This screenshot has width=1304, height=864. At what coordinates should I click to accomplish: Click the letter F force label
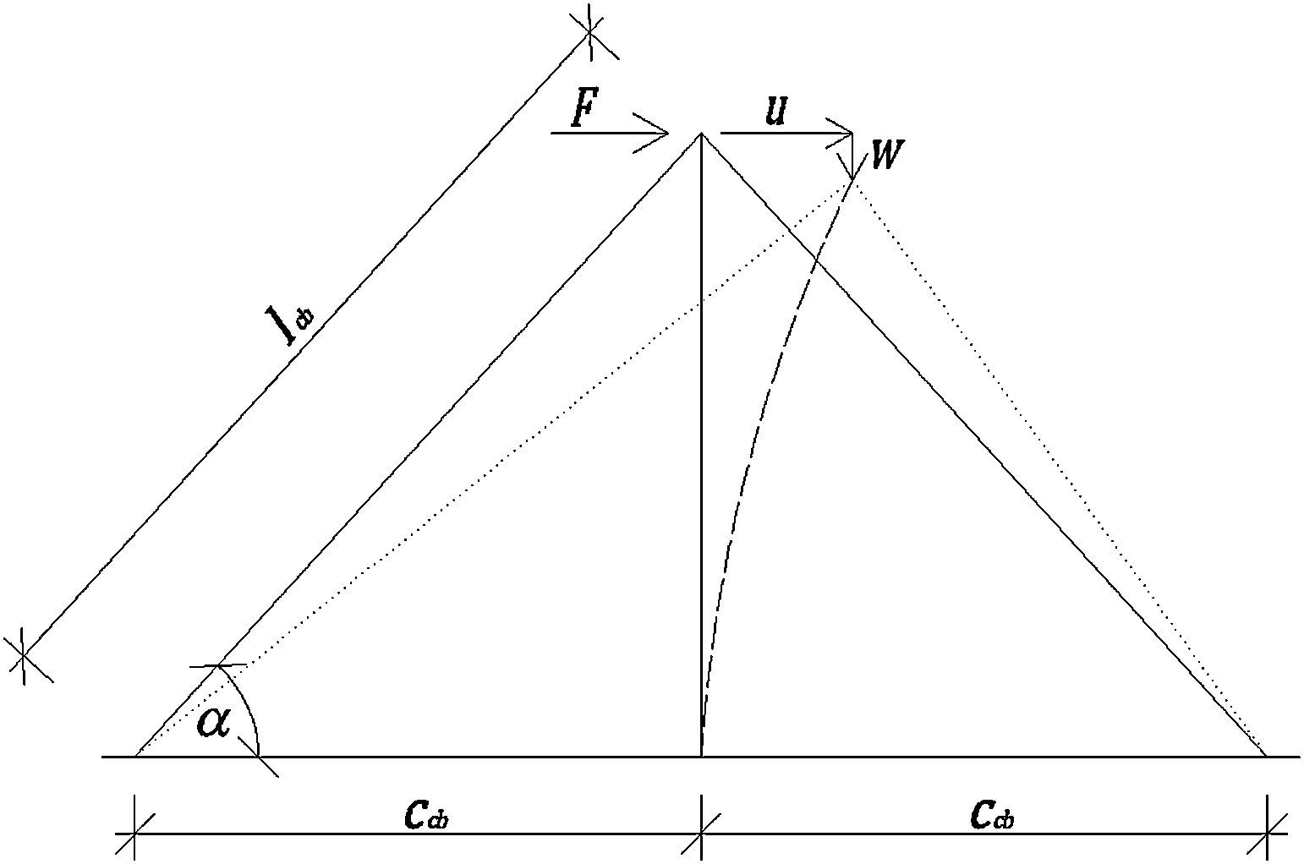582,109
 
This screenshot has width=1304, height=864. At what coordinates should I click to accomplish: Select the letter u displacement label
775,111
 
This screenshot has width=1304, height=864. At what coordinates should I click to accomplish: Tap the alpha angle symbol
213,723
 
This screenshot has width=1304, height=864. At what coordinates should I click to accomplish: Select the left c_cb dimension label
414,813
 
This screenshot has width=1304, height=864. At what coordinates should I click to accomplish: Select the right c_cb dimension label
991,813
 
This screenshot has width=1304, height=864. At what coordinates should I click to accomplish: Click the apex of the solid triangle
701,134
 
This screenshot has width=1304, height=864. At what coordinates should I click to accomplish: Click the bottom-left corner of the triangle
135,756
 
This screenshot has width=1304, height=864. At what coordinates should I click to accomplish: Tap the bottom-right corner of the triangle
1266,756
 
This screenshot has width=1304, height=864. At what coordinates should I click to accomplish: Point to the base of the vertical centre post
701,756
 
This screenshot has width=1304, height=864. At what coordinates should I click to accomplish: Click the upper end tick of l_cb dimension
590,32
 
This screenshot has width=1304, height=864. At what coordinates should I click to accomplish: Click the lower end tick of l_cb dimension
24,656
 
